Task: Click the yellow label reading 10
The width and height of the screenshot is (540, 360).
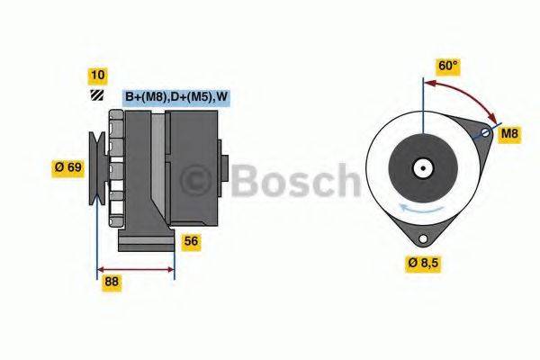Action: click(x=96, y=75)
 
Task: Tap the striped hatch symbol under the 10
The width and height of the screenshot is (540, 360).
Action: click(x=95, y=95)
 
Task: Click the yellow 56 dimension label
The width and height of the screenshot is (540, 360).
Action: click(x=191, y=241)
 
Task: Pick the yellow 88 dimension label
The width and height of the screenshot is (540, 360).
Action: click(x=112, y=282)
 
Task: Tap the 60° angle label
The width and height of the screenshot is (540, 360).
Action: click(x=447, y=66)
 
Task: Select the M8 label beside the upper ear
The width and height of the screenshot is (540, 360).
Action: click(x=510, y=134)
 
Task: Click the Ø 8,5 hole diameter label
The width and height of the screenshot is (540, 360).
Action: click(x=427, y=263)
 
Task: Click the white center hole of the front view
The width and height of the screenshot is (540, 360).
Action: click(x=421, y=167)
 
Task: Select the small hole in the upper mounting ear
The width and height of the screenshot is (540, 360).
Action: click(x=485, y=134)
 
